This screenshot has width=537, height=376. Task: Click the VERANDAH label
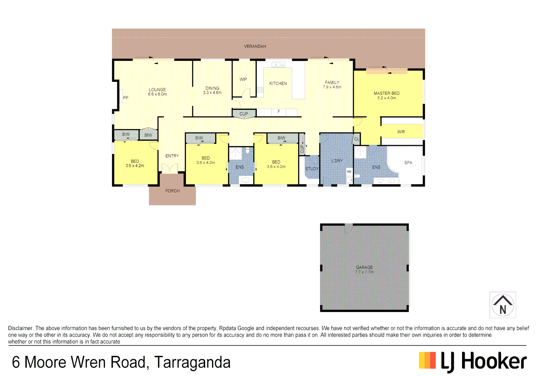(255, 46)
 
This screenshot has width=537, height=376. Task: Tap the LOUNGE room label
(157, 89)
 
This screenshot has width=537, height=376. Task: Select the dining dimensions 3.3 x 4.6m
(212, 93)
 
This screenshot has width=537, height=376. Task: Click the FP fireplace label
(126, 98)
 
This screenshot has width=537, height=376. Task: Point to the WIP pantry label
(243, 79)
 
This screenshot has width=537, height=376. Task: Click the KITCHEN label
(278, 84)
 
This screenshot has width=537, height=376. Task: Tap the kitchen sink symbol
(278, 65)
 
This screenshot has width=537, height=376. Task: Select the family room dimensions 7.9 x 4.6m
(332, 87)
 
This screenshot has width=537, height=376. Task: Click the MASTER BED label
(387, 93)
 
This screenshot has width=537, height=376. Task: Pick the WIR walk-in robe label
(401, 132)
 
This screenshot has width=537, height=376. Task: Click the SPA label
(408, 163)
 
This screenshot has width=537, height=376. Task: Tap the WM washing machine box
(349, 172)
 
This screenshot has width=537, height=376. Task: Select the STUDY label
(312, 169)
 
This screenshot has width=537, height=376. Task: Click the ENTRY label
(172, 156)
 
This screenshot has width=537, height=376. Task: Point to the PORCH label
(172, 191)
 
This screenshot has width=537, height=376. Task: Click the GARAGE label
(364, 267)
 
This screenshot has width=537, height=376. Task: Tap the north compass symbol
(503, 305)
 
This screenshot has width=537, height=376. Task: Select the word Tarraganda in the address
(192, 362)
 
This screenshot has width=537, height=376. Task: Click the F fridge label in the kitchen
(279, 112)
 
